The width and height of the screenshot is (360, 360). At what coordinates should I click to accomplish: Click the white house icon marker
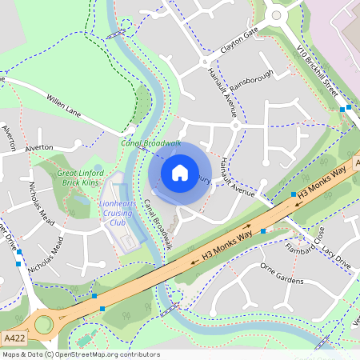(180, 172)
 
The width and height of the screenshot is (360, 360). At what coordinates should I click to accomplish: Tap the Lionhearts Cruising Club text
(119, 214)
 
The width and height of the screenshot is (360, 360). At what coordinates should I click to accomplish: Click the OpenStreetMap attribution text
(81, 354)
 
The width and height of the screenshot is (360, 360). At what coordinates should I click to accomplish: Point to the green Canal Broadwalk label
(151, 142)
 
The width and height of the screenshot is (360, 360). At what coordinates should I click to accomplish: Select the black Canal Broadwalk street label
(158, 224)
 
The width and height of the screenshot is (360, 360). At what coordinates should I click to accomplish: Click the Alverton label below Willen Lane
(38, 148)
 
